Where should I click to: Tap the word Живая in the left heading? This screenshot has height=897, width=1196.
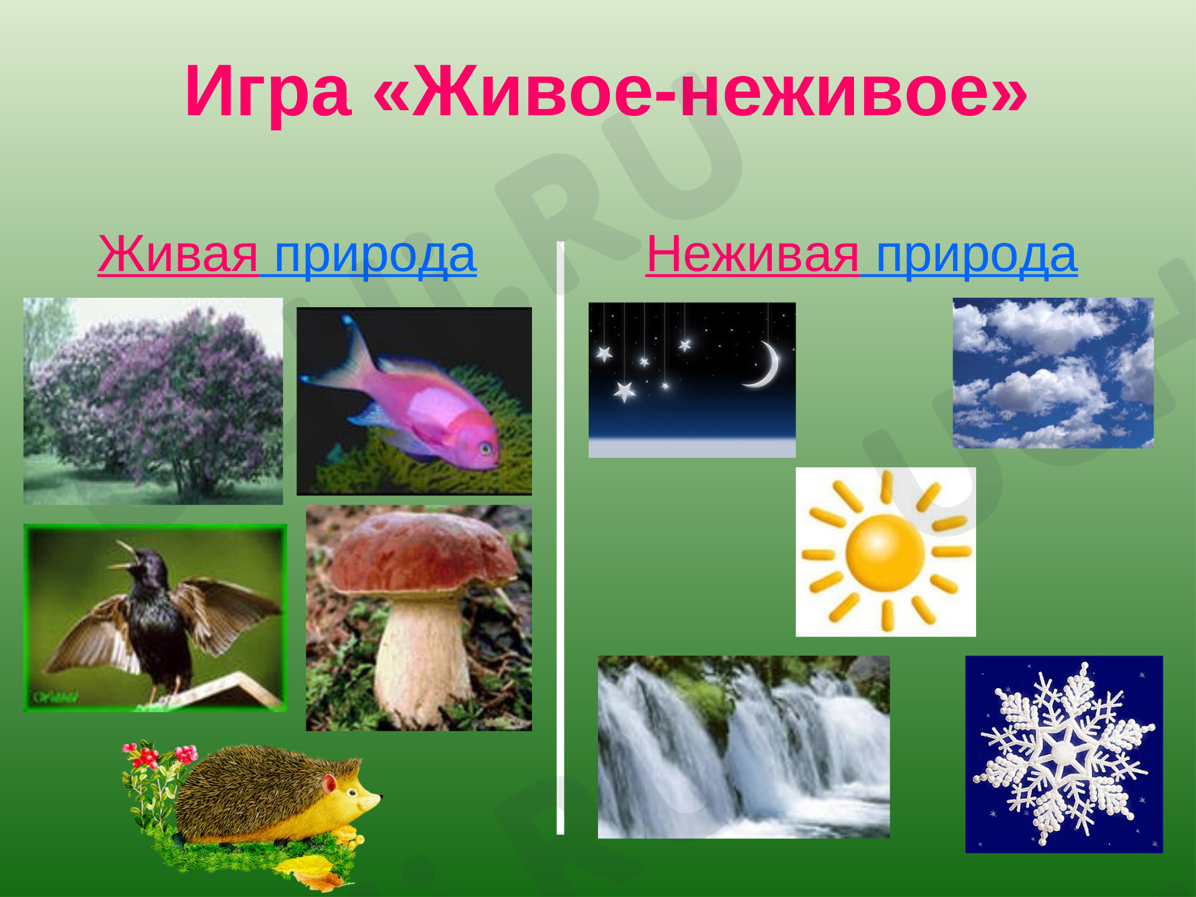(178, 254)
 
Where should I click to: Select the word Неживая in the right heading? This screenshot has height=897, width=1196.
(752, 254)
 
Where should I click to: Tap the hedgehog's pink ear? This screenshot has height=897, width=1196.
(329, 782)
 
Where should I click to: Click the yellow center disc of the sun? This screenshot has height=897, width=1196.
(885, 552)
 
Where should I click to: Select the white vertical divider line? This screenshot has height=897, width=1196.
(560, 538)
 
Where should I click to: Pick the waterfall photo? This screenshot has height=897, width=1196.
(744, 747)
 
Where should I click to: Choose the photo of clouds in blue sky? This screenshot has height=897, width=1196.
(1053, 373)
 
